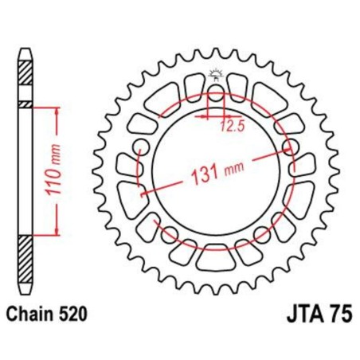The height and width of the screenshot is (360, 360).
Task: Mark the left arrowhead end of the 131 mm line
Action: click(142, 194)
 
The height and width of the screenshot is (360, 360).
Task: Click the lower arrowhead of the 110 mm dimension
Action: click(57, 236)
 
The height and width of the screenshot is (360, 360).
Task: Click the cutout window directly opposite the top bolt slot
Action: click(213, 257)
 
